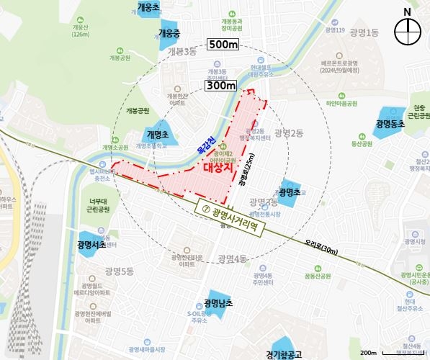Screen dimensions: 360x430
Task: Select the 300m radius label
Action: click(x=221, y=86)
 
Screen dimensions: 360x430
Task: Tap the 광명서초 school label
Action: click(x=91, y=245)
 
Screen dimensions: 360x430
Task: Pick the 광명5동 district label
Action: click(x=118, y=271)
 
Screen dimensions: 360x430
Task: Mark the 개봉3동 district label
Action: click(x=182, y=52)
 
